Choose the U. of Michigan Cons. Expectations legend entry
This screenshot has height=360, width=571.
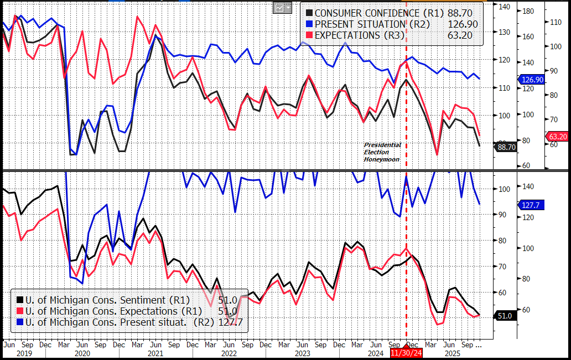tap(108, 311)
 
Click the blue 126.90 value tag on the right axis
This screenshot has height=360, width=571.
tap(532, 80)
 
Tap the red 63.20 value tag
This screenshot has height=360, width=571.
tap(558, 136)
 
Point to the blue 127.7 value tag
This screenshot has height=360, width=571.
tap(532, 205)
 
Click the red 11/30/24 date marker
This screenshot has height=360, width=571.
tap(407, 352)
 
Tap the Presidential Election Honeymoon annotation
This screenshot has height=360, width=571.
tap(382, 152)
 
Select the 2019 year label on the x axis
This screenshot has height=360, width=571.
tap(24, 352)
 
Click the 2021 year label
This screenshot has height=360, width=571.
tap(155, 352)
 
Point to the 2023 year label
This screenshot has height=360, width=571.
tap(302, 352)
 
